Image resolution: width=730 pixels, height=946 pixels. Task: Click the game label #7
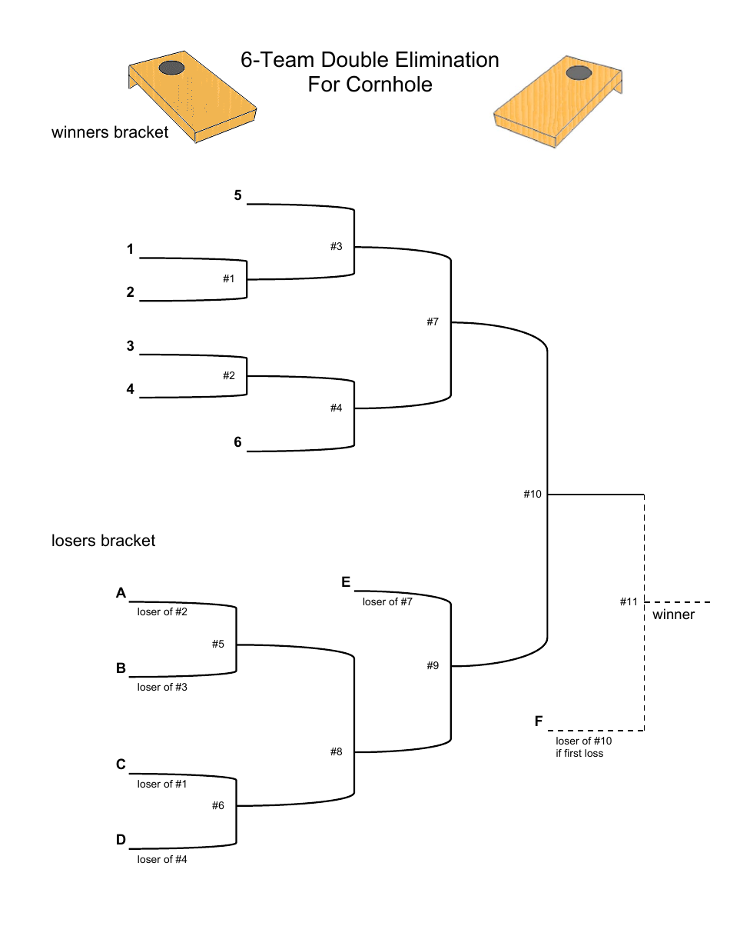(x=433, y=322)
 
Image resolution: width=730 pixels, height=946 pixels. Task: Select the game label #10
(x=533, y=494)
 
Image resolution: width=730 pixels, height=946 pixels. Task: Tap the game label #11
(x=629, y=601)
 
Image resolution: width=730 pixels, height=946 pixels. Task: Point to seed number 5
(x=238, y=195)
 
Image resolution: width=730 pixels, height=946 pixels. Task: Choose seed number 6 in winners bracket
(x=238, y=442)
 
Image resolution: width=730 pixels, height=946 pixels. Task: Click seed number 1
(x=131, y=249)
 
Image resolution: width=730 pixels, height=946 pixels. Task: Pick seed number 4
(x=131, y=389)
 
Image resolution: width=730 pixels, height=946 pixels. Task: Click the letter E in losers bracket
(x=346, y=582)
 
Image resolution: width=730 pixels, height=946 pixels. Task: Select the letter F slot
(x=539, y=721)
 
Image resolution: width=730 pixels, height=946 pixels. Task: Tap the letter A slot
(x=121, y=593)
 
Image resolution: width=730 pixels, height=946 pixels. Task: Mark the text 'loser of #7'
(x=387, y=602)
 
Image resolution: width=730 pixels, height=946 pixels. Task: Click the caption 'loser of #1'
(x=162, y=784)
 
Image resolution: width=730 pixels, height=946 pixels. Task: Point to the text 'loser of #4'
(x=162, y=860)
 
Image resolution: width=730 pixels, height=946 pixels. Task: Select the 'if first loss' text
(x=579, y=754)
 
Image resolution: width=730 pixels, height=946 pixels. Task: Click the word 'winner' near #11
(x=673, y=615)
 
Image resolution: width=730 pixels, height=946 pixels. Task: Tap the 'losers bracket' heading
(x=103, y=541)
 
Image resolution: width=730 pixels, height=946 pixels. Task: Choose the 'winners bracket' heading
(x=110, y=132)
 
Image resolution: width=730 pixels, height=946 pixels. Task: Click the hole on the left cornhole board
(x=171, y=68)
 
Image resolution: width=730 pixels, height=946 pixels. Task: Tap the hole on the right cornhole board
(x=579, y=72)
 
